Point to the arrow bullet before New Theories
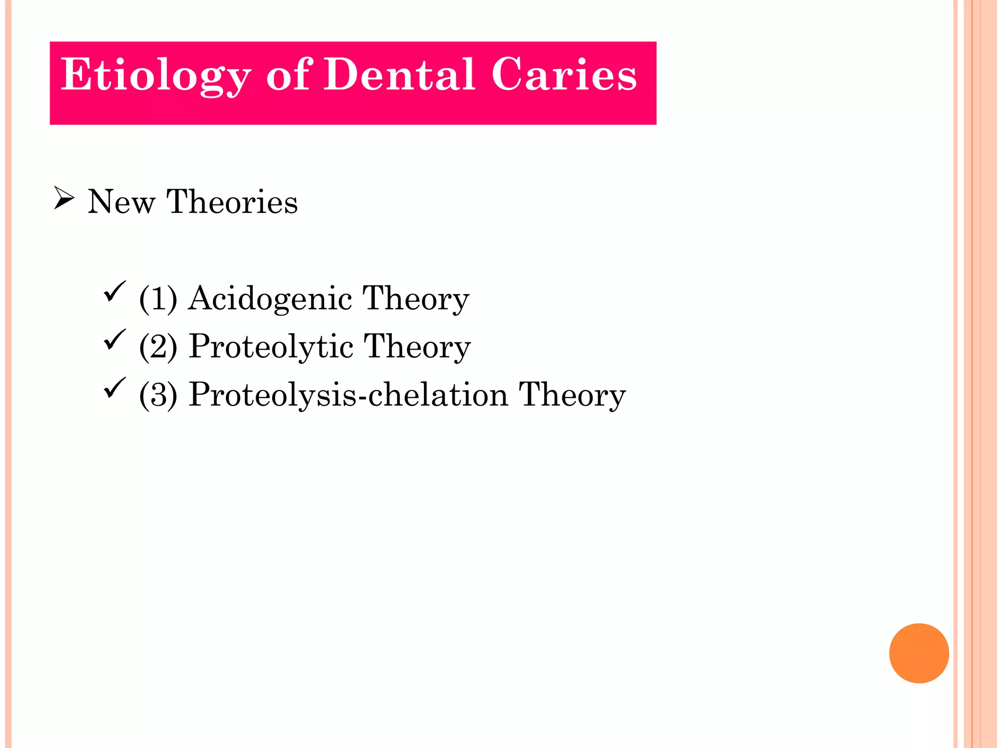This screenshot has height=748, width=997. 64,198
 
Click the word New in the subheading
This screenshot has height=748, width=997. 121,202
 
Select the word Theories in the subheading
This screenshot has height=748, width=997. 232,202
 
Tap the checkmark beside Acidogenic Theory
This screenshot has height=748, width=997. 114,291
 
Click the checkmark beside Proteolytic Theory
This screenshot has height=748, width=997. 114,339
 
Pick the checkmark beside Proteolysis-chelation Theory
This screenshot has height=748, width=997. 114,388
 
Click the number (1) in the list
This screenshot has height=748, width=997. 158,298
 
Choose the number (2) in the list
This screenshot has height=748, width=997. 158,346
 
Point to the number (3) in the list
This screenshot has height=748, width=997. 158,394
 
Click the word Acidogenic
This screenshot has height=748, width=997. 270,299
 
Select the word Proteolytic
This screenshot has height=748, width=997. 271,347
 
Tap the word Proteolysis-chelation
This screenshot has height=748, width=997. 349,394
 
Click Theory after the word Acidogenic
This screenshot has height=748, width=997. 416,299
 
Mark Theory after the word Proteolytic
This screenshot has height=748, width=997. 418,347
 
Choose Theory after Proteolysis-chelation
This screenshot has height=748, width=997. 572,395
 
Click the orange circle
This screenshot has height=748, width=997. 919,653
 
